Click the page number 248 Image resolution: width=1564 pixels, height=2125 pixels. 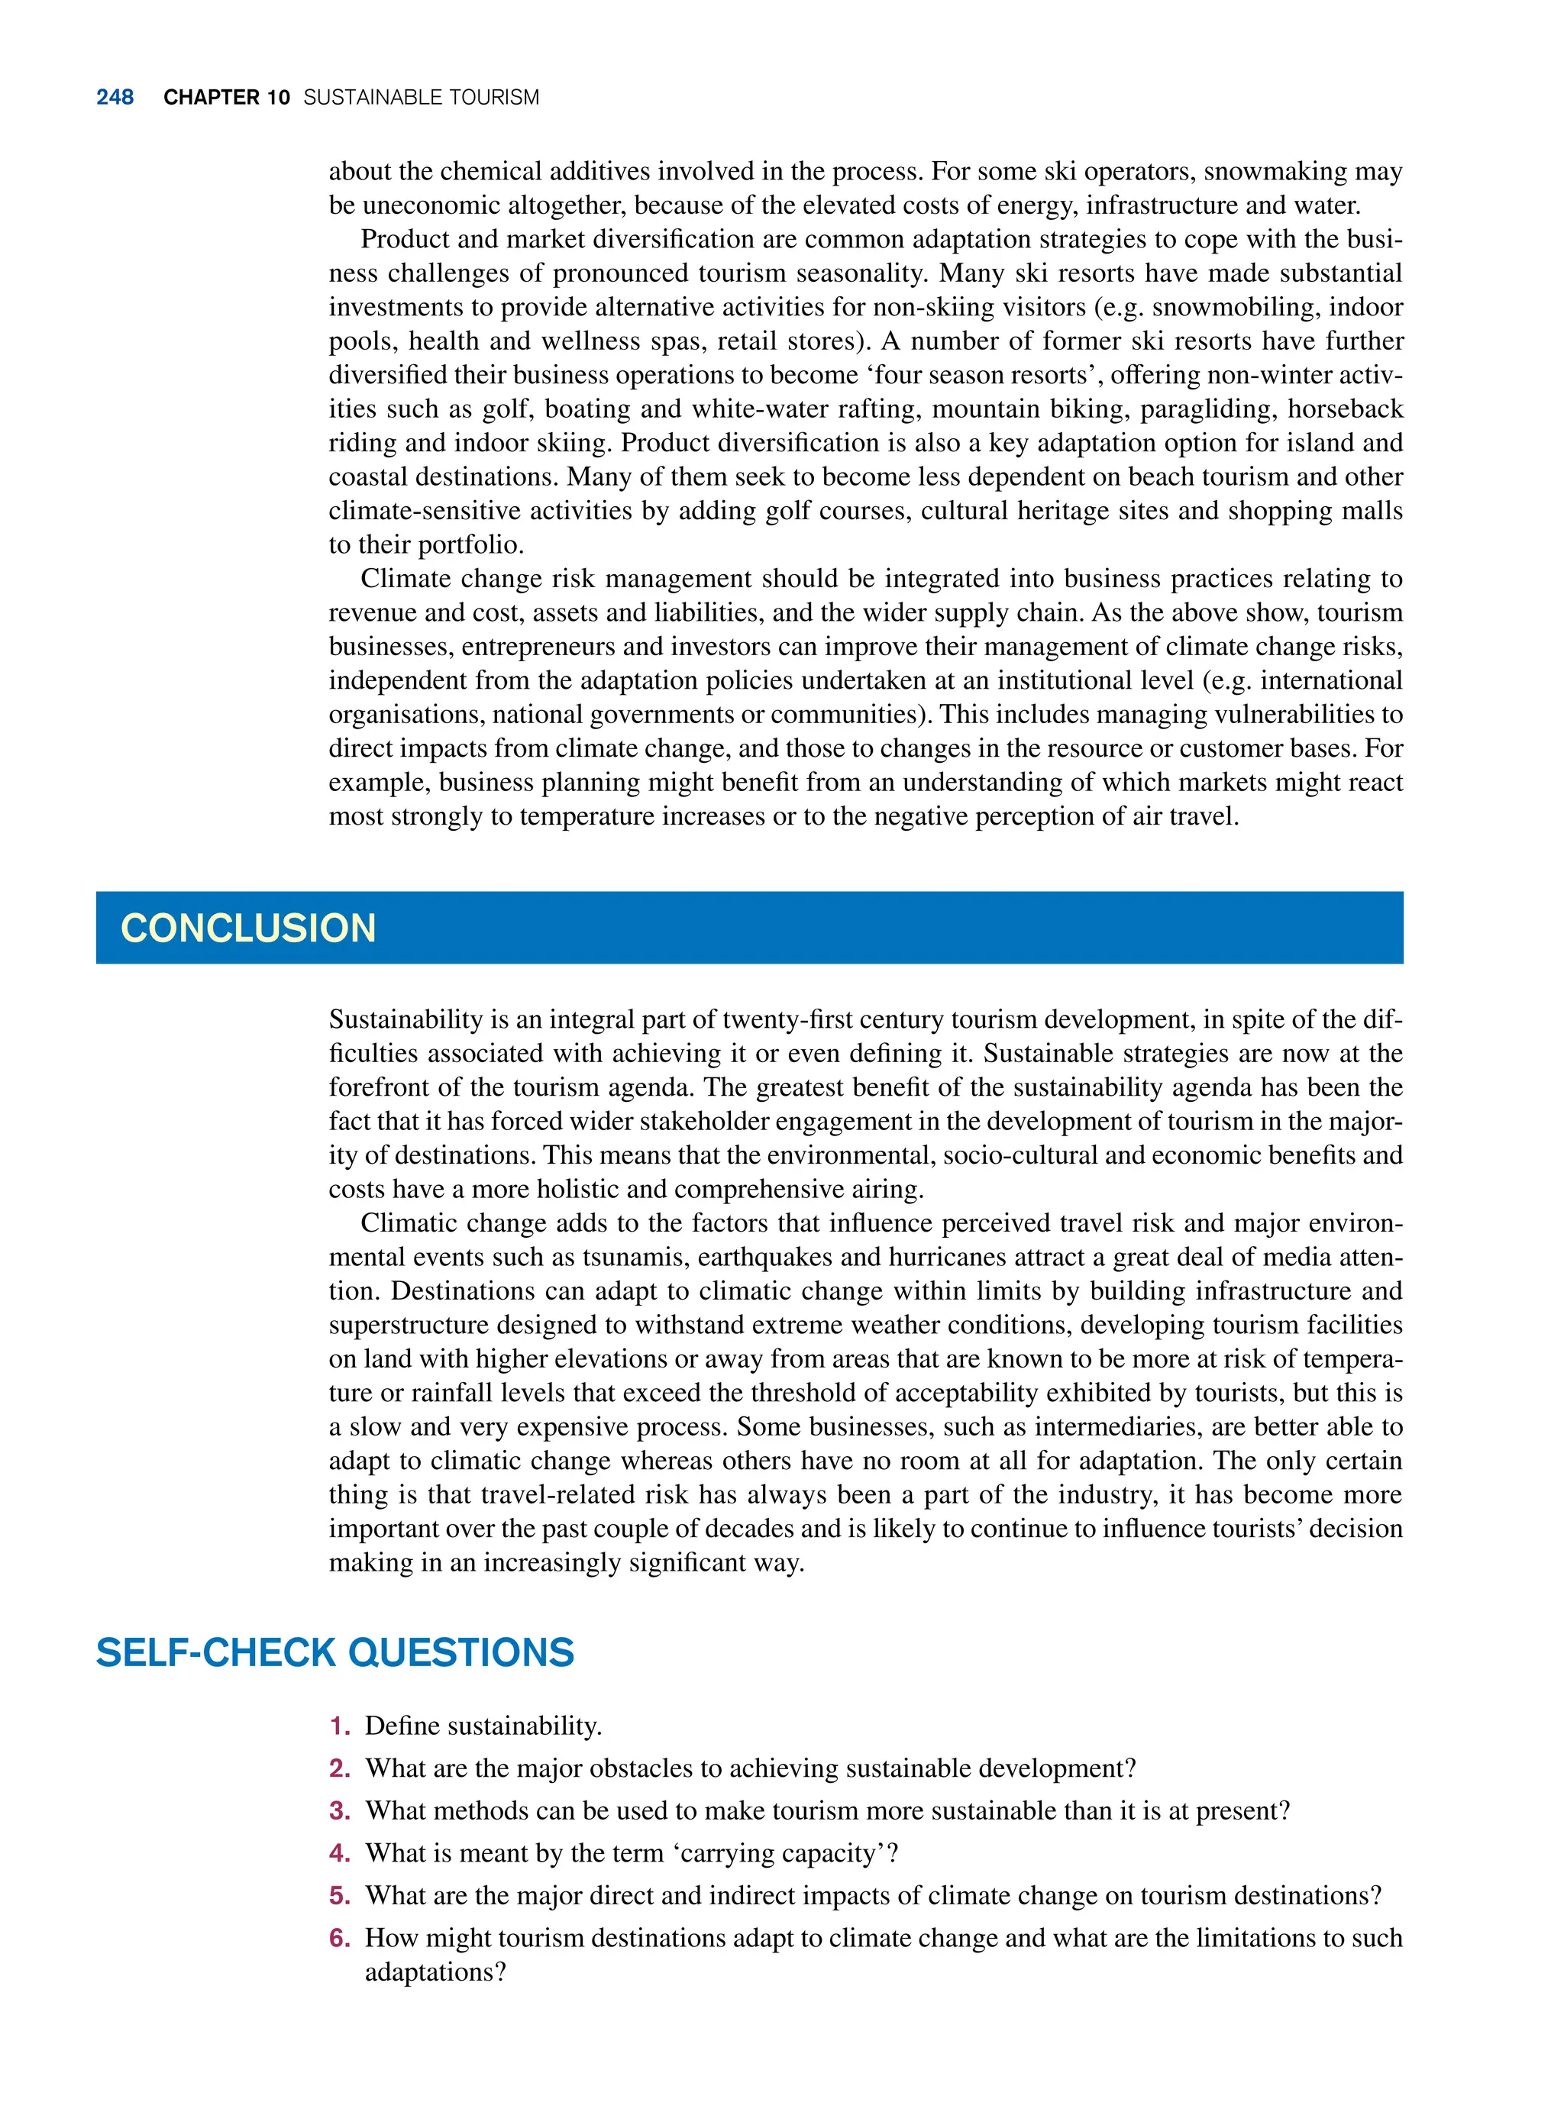pyautogui.click(x=115, y=98)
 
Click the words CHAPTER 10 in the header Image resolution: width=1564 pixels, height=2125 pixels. pyautogui.click(x=226, y=98)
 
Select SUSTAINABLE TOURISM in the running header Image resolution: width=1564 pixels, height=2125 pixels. pyautogui.click(x=422, y=98)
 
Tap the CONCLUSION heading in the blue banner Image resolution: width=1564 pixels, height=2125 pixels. pyautogui.click(x=248, y=928)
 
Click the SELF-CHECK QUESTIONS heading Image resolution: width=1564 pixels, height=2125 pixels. pyautogui.click(x=335, y=1652)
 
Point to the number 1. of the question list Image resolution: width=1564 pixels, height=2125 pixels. pyautogui.click(x=341, y=1726)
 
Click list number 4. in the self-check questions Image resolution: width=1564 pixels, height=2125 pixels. pyautogui.click(x=341, y=1852)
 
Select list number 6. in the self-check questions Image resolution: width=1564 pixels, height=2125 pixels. pyautogui.click(x=341, y=1938)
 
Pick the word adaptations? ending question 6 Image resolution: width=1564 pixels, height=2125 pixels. pyautogui.click(x=435, y=1972)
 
